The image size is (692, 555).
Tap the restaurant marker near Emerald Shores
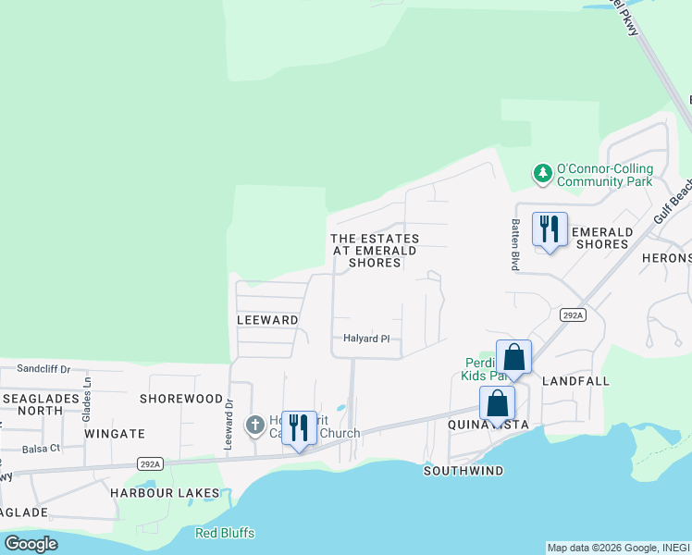point(550,229)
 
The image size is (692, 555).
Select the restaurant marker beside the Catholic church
point(299,428)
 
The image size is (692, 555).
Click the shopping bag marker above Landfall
point(514,358)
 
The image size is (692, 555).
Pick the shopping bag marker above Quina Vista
point(497,404)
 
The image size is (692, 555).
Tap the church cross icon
point(254,425)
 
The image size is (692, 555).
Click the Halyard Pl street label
point(367,339)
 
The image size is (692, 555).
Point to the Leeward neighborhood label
point(267,320)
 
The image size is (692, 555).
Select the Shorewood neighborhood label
point(181,399)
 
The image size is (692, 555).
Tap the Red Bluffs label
point(225,533)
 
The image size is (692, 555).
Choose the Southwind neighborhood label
point(463,471)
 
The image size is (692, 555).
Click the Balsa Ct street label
point(42,448)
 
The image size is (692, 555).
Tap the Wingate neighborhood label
point(115,433)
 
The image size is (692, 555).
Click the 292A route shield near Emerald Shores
point(573,315)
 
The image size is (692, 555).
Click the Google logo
point(31,543)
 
